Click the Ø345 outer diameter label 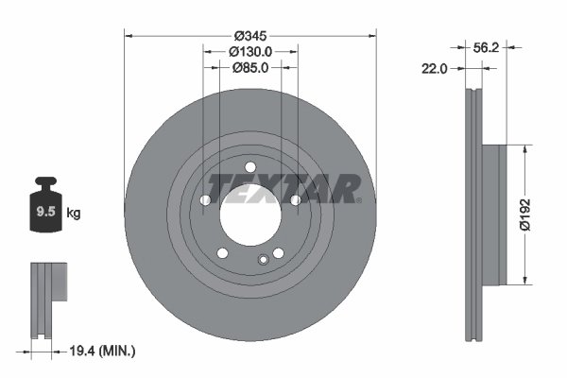(x=250, y=36)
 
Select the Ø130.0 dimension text (x=250, y=52)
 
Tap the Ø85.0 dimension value (x=250, y=67)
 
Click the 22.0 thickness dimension (x=436, y=68)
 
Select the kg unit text (x=75, y=214)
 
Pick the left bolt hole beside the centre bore (x=205, y=199)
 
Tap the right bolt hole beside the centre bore (x=296, y=199)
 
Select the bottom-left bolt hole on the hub (x=222, y=252)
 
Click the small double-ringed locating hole (x=263, y=259)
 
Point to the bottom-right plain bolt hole (x=279, y=252)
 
